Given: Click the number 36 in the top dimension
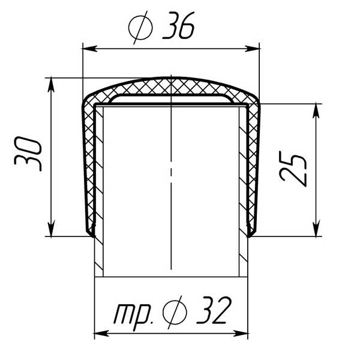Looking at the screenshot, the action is click(x=179, y=25).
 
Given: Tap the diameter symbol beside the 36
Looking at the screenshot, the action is click(x=140, y=28).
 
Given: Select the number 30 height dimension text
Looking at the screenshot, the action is click(x=28, y=154).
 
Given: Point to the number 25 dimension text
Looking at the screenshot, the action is click(x=293, y=169).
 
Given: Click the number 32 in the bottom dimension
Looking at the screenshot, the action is click(x=214, y=310).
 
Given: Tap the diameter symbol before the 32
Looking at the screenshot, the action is click(x=175, y=312).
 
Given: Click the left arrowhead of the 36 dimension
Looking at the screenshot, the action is click(x=89, y=49).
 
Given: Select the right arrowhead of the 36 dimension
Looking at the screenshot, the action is click(x=252, y=49).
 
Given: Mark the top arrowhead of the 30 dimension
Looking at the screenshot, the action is click(x=51, y=85).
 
